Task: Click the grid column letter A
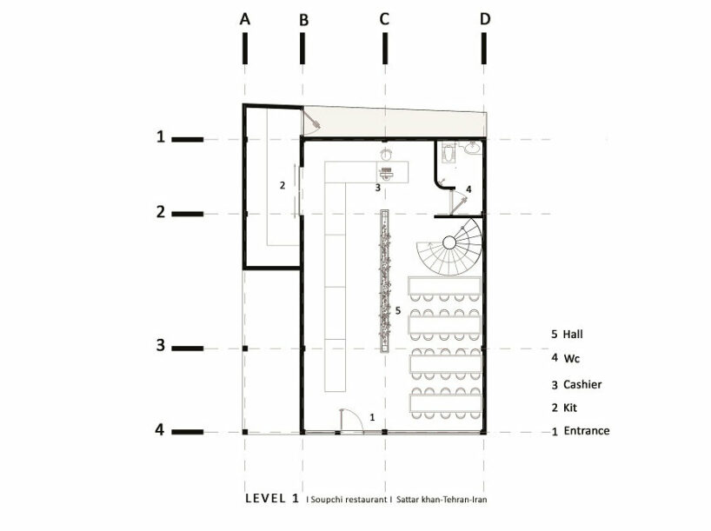[245, 18]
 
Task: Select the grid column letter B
[303, 19]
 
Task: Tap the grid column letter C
[384, 18]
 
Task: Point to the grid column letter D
[484, 18]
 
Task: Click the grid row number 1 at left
[161, 136]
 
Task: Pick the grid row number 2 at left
[161, 211]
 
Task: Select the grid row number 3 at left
[161, 345]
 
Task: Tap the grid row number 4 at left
[161, 429]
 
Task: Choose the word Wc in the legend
[571, 358]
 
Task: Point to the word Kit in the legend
[570, 408]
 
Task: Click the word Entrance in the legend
[587, 431]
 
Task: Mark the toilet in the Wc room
[448, 153]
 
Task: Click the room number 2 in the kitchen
[282, 185]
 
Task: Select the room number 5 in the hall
[397, 309]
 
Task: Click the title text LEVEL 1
[273, 500]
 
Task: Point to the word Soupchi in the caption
[329, 501]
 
